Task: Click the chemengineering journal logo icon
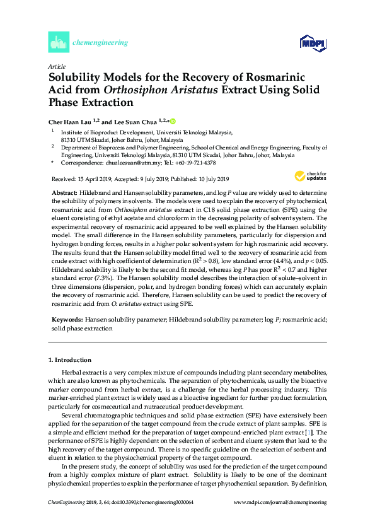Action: pos(59,43)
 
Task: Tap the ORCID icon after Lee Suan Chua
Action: pos(172,121)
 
